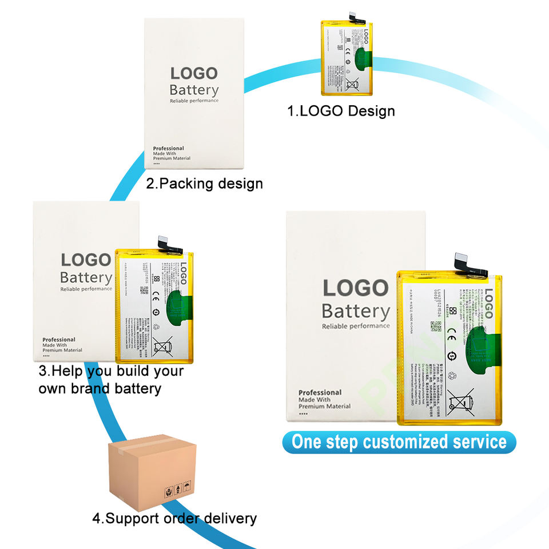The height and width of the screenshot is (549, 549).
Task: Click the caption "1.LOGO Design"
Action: point(341,110)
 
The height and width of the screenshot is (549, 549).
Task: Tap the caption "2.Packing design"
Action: point(204,184)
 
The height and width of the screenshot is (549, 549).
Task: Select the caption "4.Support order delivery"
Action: point(174,519)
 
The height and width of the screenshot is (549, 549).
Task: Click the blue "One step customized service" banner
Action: point(399,442)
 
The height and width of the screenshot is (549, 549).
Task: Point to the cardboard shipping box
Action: point(152,469)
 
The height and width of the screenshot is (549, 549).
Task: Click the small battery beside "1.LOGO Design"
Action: point(348,57)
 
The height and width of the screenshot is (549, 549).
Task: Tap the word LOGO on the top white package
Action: point(194,73)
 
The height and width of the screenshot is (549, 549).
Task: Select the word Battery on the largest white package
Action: point(356,312)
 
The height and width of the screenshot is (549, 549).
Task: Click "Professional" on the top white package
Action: point(168,148)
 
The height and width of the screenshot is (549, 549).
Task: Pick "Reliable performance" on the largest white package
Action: point(356,327)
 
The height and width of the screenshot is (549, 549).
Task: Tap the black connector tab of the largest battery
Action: point(470,262)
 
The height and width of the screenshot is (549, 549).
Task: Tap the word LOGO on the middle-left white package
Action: point(86,260)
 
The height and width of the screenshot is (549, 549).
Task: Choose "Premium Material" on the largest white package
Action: point(324,406)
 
